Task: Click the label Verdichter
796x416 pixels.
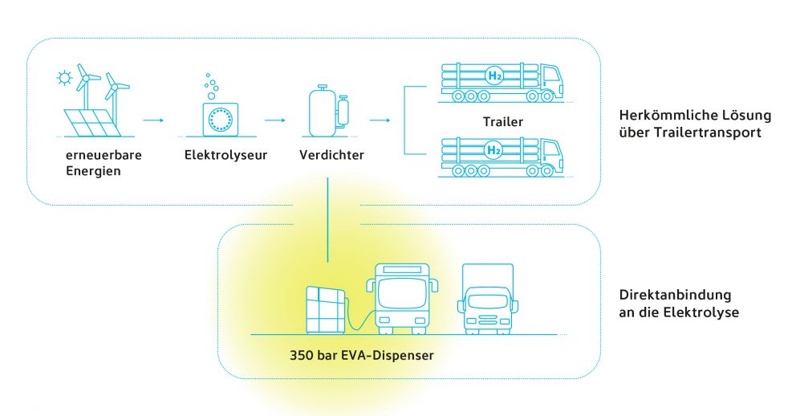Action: [x=331, y=155]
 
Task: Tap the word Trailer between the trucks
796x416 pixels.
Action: [x=505, y=123]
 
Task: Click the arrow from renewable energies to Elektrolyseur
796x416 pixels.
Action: [x=152, y=120]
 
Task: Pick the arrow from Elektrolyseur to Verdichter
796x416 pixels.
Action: [x=274, y=120]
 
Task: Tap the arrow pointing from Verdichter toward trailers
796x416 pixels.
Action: [x=380, y=120]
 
